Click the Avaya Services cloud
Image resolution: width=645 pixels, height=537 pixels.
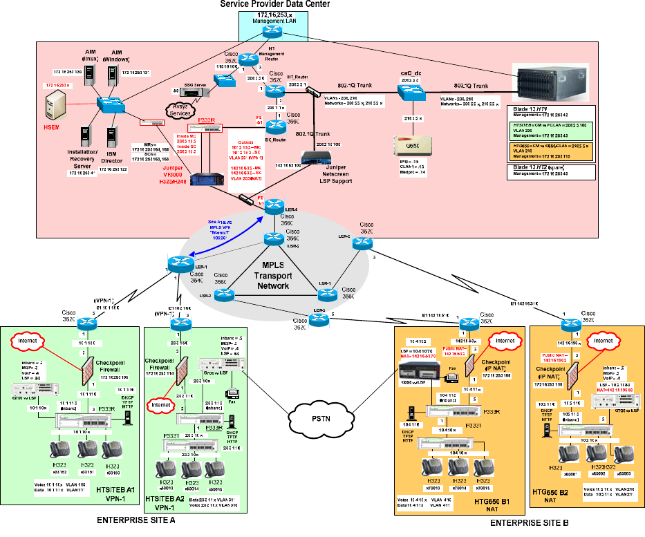177,111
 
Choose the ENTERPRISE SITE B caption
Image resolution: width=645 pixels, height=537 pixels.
529,524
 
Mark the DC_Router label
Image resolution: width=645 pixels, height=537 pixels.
277,139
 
